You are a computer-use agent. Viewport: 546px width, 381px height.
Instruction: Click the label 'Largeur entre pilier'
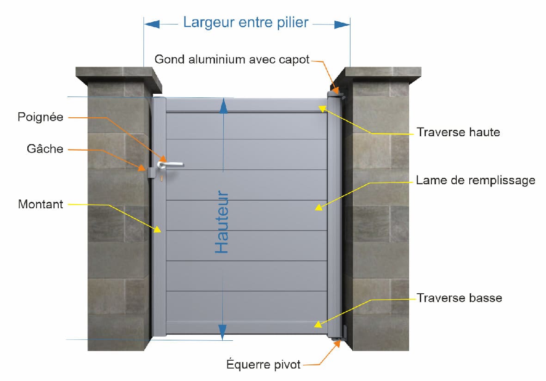(246, 23)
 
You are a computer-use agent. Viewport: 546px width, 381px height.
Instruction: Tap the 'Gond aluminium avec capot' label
(232, 60)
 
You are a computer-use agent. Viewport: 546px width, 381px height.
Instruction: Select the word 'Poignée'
(40, 117)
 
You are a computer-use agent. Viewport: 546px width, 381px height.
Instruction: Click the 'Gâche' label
(45, 149)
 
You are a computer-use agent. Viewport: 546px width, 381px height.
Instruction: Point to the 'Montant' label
(40, 204)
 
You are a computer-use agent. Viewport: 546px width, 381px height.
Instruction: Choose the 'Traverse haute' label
(458, 132)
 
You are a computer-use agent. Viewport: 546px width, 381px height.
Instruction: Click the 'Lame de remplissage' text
(476, 180)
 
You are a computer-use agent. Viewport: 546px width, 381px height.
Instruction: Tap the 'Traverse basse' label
(459, 298)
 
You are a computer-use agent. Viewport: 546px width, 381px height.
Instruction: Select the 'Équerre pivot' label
(263, 364)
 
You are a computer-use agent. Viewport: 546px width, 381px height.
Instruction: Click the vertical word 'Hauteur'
(221, 222)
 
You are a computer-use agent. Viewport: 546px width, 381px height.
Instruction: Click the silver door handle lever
(170, 164)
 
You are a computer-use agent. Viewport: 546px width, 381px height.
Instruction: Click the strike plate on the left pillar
(152, 173)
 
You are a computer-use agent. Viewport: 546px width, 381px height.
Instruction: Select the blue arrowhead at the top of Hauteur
(224, 106)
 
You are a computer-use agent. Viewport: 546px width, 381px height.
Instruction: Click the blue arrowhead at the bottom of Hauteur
(222, 332)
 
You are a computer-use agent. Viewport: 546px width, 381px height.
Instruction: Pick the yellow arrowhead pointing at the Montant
(157, 229)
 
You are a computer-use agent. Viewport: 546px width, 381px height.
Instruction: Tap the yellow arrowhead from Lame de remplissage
(319, 207)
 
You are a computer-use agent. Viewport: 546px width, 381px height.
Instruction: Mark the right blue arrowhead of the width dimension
(342, 24)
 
